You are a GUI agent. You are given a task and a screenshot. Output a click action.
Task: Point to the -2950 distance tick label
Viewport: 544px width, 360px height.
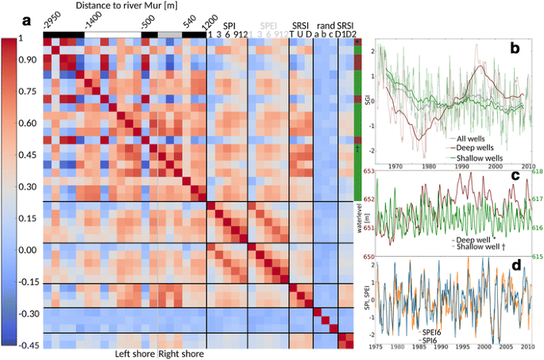[51, 21]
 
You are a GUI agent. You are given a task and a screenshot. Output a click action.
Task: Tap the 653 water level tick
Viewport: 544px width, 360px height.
[367, 171]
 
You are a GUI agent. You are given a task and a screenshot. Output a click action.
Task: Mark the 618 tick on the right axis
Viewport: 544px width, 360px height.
[538, 171]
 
